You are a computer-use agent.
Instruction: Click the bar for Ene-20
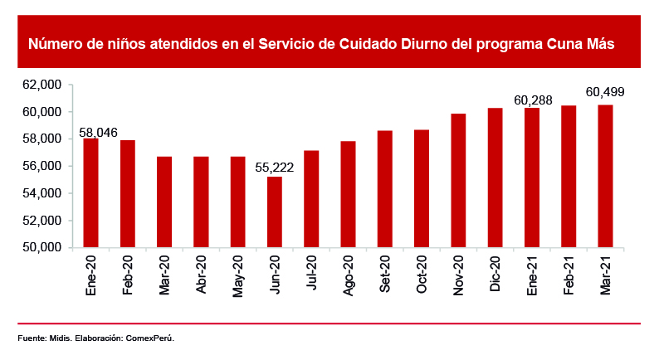90,193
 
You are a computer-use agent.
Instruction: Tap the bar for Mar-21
605,177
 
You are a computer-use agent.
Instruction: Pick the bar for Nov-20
458,181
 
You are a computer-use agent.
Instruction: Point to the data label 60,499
605,91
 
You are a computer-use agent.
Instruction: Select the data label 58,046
99,132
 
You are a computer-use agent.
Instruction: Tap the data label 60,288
533,100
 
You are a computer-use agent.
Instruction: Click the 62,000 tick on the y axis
44,85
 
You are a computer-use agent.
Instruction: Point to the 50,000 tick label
44,247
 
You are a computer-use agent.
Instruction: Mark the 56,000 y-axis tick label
44,166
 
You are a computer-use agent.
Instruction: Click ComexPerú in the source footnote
149,338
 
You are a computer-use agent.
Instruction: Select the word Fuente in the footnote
31,338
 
